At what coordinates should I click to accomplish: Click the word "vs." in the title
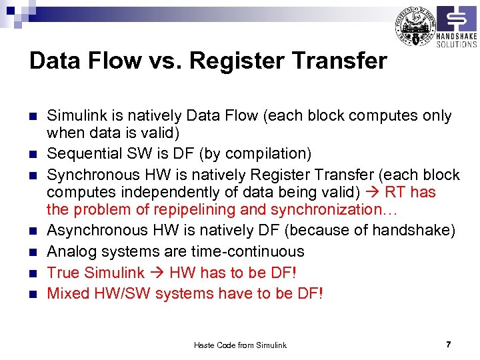163,61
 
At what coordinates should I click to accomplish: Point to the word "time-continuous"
249,252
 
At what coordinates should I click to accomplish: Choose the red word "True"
63,273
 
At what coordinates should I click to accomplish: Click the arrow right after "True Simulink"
157,273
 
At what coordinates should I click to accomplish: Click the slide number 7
449,345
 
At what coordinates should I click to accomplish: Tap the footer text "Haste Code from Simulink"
240,345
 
